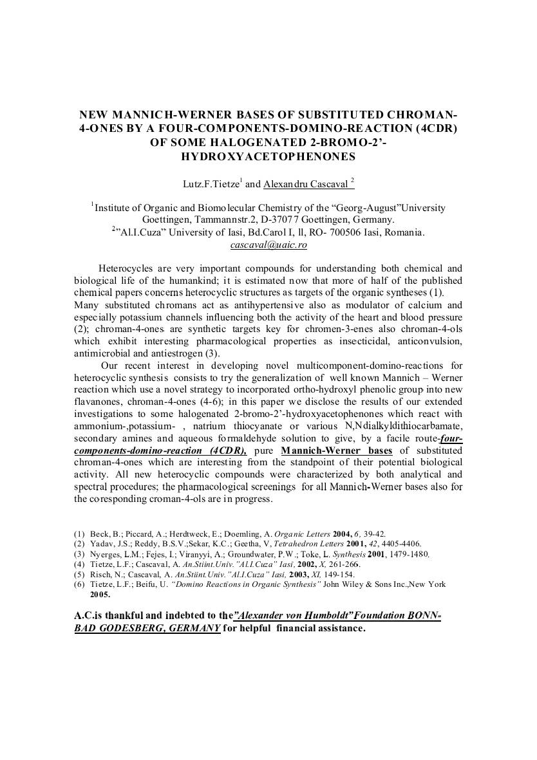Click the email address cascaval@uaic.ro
click(268, 245)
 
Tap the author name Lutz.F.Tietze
click(211, 184)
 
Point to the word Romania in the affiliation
click(402, 232)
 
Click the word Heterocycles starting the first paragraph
click(129, 268)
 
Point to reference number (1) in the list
click(79, 534)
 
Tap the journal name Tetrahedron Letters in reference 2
click(310, 544)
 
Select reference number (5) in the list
click(79, 574)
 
